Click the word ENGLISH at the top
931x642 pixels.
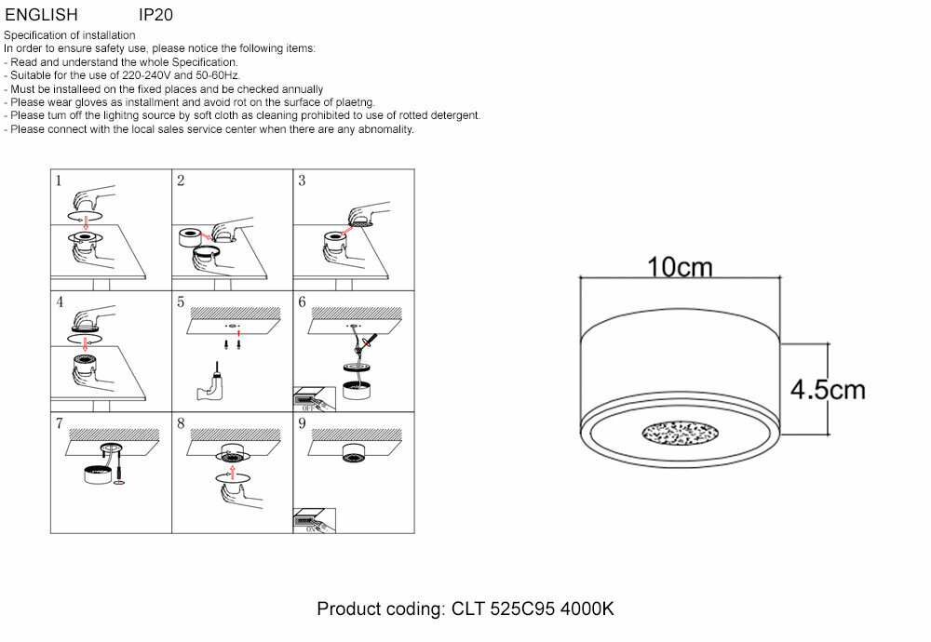42,16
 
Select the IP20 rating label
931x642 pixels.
155,16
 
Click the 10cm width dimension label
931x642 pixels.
681,267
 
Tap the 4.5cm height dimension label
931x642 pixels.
828,389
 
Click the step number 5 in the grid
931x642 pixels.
181,302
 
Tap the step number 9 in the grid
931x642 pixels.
302,423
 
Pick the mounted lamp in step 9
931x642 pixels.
353,452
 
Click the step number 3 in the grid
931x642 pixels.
302,181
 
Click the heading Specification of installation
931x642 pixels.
70,35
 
